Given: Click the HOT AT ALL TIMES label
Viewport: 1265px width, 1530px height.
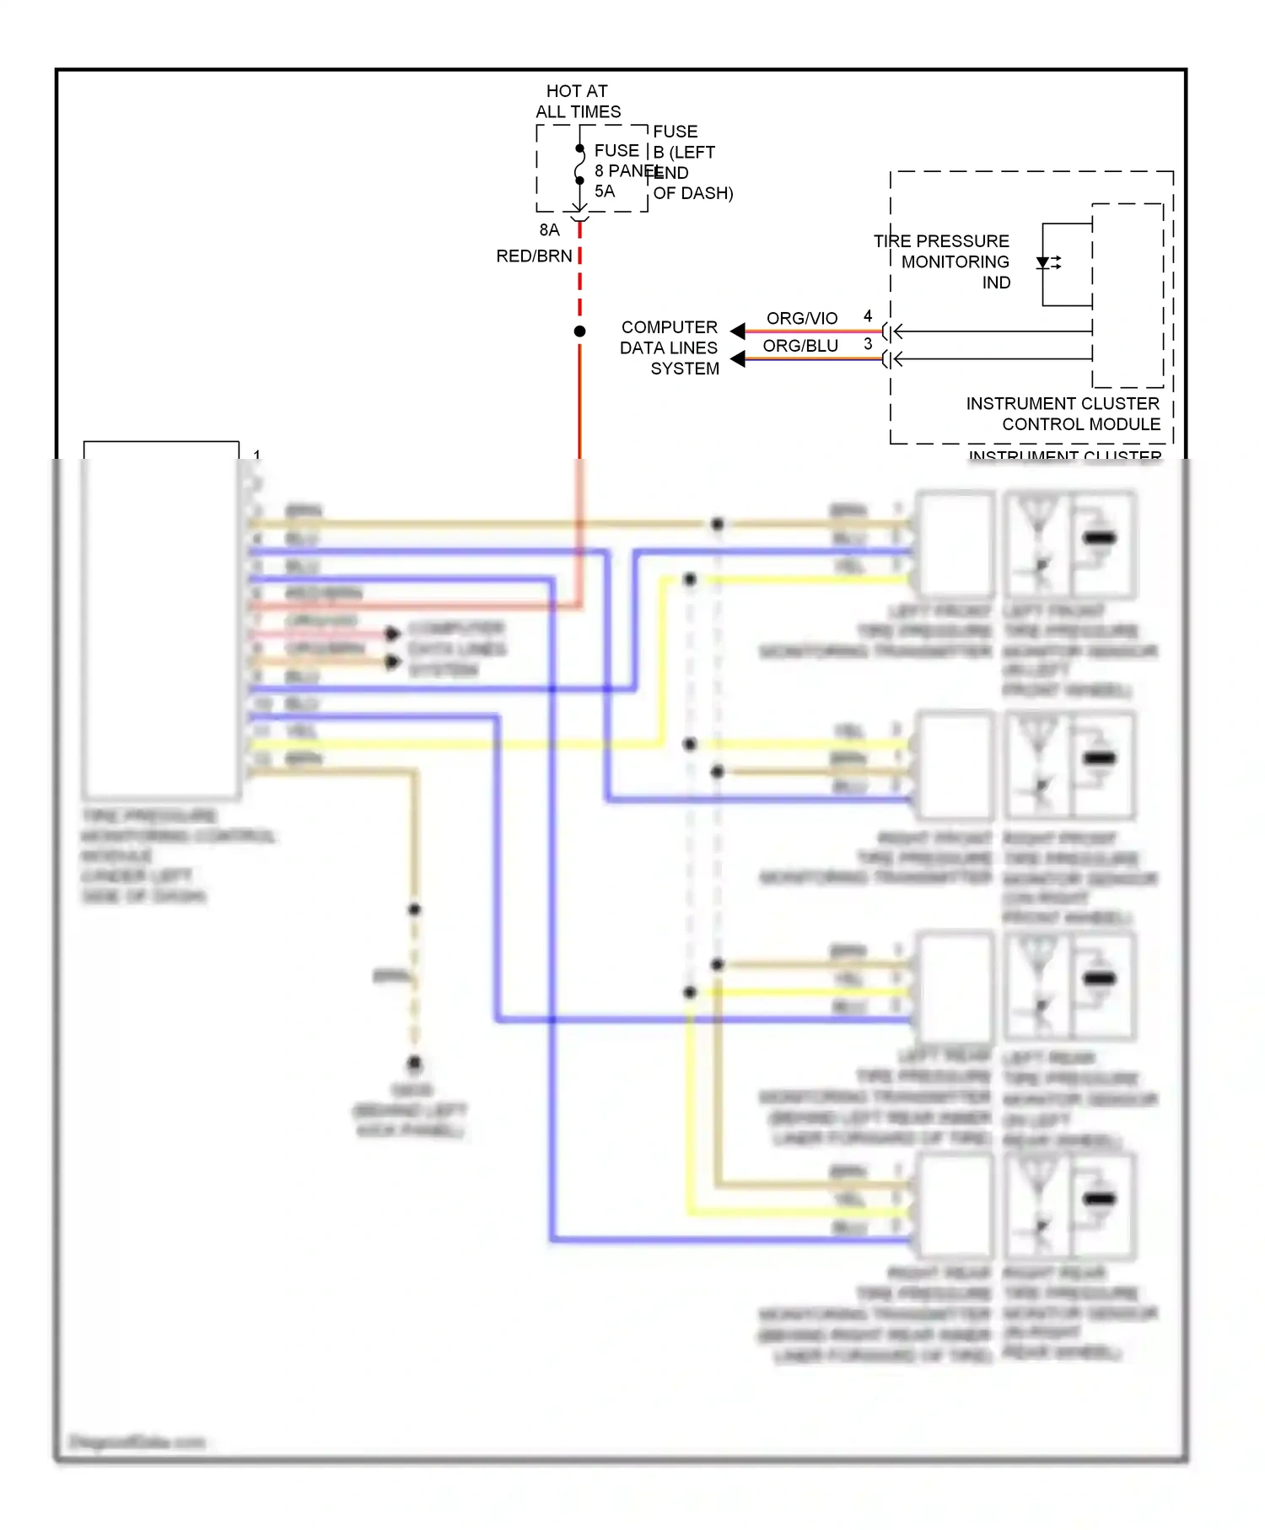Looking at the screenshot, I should (x=578, y=101).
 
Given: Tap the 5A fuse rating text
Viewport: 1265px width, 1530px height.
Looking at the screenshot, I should (x=605, y=191).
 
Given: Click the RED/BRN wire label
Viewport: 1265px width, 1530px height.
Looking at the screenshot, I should (x=534, y=256).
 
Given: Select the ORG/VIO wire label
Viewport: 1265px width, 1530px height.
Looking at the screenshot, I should (x=801, y=318).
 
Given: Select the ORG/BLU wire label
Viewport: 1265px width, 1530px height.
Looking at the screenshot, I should (x=799, y=346).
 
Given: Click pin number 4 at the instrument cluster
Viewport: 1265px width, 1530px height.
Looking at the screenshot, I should (x=868, y=316).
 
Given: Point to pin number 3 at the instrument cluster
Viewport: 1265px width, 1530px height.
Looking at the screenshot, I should (x=868, y=344).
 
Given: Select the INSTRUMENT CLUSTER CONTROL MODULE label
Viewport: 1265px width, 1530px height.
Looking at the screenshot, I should (x=1063, y=413).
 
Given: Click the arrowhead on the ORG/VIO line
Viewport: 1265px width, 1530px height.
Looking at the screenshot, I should (x=738, y=331).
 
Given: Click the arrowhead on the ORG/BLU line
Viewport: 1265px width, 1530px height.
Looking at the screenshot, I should (x=738, y=359).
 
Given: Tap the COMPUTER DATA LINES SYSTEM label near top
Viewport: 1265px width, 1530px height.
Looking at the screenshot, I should (x=670, y=347).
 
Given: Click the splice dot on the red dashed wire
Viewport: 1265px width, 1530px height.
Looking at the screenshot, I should (x=579, y=331).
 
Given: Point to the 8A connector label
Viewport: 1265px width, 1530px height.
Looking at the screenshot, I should (x=549, y=230).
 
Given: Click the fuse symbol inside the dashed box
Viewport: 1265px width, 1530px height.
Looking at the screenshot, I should (x=579, y=164).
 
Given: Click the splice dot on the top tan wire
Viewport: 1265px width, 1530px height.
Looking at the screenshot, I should (x=717, y=524).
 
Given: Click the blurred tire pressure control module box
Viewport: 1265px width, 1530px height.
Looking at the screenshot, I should (x=161, y=620).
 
